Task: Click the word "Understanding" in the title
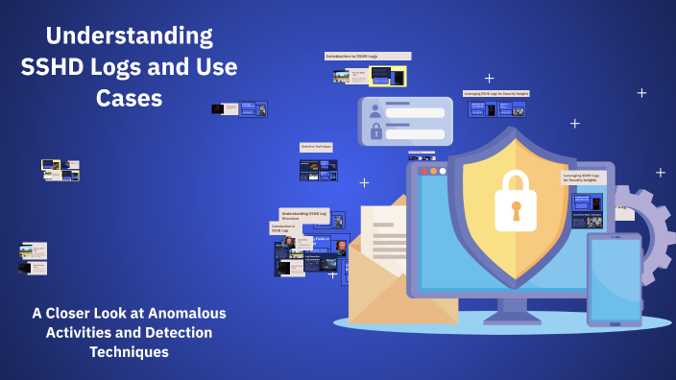(130, 37)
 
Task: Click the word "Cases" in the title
(130, 98)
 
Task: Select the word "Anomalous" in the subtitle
(184, 314)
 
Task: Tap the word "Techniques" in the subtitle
(129, 352)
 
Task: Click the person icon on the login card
(374, 110)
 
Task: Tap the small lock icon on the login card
(375, 131)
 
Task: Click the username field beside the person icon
(415, 112)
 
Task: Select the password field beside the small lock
(415, 132)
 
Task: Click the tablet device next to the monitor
(615, 279)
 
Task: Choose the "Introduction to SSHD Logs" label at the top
(368, 57)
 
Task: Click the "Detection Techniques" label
(316, 147)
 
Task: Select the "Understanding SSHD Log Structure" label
(303, 215)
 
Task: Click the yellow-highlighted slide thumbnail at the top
(387, 75)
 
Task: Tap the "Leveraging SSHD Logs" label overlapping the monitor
(583, 178)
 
